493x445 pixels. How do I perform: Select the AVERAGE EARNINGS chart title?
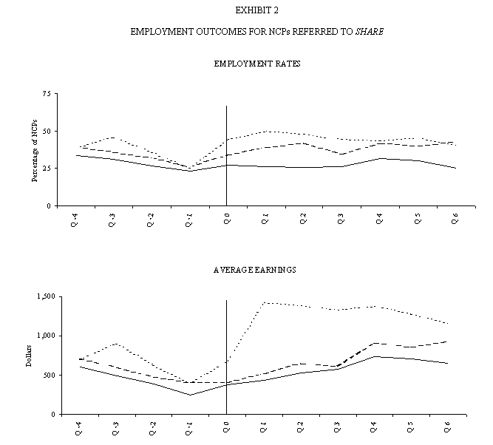(x=254, y=271)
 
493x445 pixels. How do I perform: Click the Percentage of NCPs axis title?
(x=33, y=150)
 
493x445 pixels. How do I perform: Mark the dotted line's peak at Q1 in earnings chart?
(x=264, y=302)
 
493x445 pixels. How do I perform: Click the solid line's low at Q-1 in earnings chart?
(x=188, y=395)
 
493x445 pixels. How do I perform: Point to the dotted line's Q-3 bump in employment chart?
(x=112, y=137)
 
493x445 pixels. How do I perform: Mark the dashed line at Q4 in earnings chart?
(x=377, y=343)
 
